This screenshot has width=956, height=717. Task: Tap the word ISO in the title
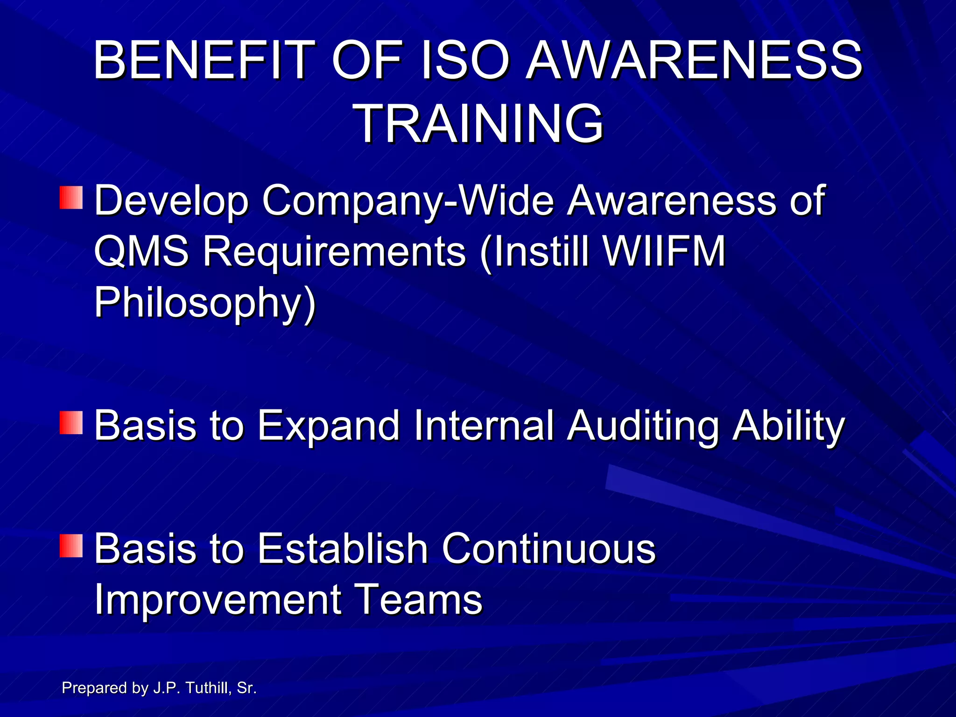coord(464,61)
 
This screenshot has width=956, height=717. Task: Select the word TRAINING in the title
coord(480,124)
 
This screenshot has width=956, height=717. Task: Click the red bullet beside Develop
coord(71,197)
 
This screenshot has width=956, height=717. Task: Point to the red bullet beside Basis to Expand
coord(71,422)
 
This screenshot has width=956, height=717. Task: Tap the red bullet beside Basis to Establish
coord(71,546)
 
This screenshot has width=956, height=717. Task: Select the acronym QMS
coord(141,251)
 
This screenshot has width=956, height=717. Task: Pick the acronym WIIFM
coord(664,251)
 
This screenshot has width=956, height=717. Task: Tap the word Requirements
coord(334,251)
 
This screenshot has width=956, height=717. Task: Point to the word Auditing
coord(643,426)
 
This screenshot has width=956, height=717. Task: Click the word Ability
coord(788,426)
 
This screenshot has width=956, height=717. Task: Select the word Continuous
coord(548,548)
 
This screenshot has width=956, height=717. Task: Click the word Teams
coord(419,599)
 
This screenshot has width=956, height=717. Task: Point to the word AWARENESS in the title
coord(694,61)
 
